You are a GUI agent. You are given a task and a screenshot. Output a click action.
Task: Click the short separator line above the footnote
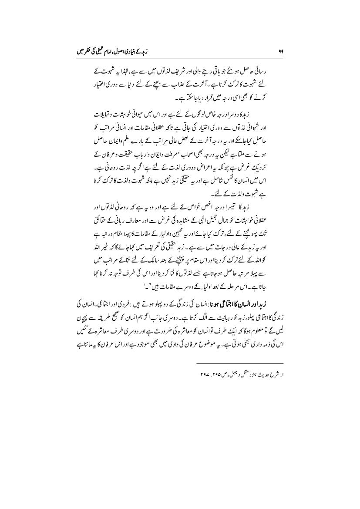click(239, 362)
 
